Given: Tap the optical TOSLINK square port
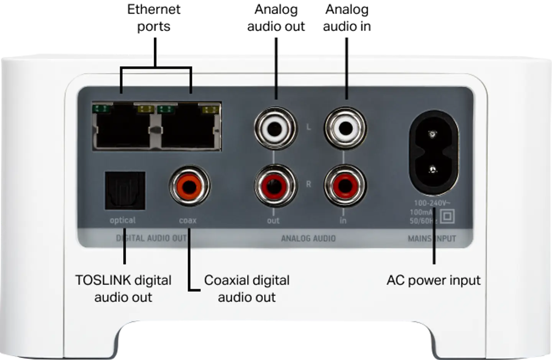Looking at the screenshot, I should tap(125, 191).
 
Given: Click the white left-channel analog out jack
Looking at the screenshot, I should tap(276, 128).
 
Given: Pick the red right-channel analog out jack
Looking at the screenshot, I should tap(276, 186).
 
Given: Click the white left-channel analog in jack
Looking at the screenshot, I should tap(345, 128).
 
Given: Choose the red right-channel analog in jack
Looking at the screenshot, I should tap(345, 186).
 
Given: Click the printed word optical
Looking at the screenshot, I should tap(123, 220).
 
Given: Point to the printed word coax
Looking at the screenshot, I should tap(188, 220).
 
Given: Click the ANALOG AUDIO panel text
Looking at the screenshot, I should tap(308, 238).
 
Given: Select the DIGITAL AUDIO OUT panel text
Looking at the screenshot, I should tap(151, 238).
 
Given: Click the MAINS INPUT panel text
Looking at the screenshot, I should tap(432, 238).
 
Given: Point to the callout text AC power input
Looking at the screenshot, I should tap(433, 280).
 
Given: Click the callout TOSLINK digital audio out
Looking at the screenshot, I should tap(123, 288).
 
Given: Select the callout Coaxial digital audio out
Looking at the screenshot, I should tap(247, 288).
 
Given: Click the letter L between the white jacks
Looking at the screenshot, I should tap(309, 127).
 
